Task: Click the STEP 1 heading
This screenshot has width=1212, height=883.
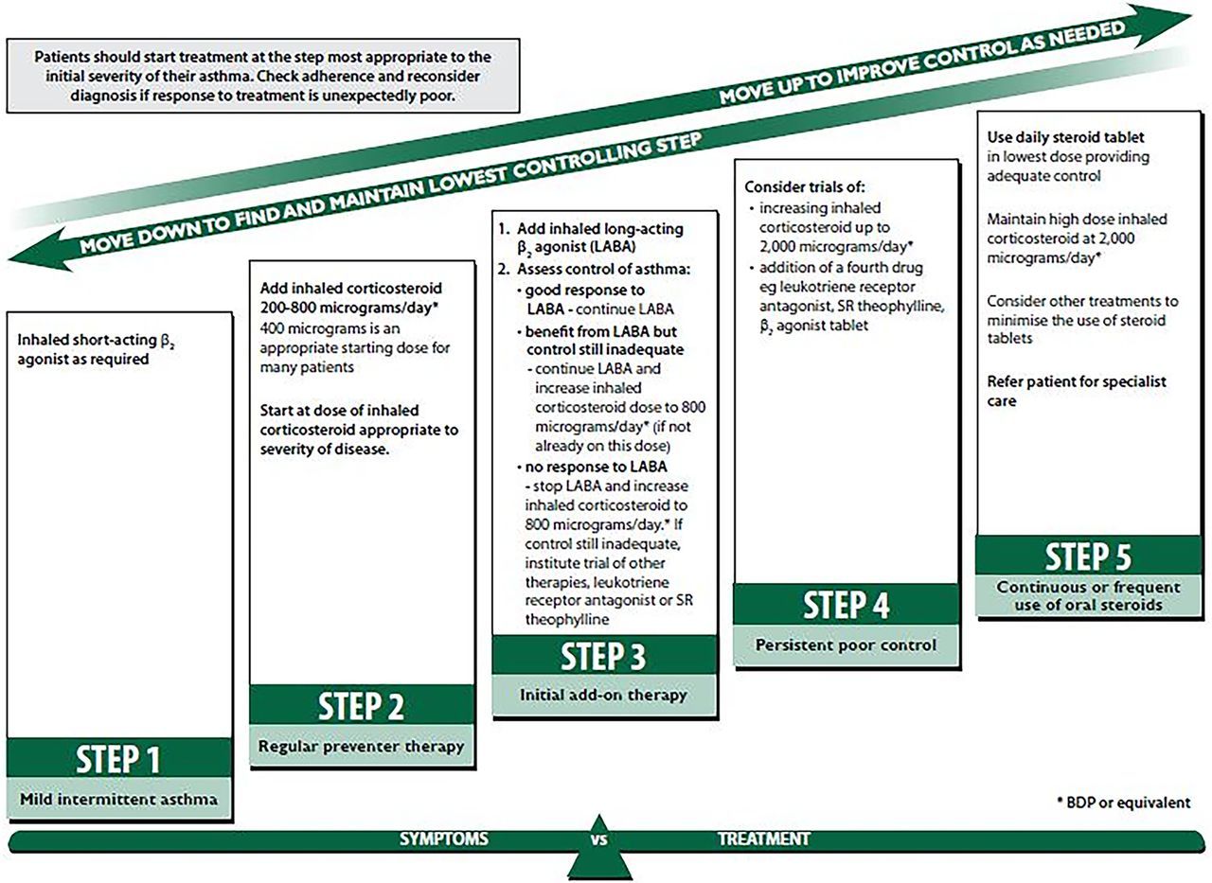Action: (118, 759)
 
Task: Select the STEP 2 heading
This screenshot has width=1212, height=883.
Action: (362, 707)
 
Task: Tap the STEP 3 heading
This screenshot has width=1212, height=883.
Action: (604, 655)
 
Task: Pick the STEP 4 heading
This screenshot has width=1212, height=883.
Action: (846, 604)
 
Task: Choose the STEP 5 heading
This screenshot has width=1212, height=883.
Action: (1087, 556)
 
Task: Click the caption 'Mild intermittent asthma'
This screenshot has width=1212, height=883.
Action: (118, 799)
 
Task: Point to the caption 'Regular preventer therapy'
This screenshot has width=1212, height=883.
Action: (362, 746)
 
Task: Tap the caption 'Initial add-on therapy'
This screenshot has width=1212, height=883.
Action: (604, 695)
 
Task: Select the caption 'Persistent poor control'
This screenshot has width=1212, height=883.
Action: (846, 645)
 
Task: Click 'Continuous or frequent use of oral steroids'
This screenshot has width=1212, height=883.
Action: (1087, 595)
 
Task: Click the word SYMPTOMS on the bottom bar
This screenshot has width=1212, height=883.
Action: (444, 839)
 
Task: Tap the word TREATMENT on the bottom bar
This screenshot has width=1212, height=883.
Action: (764, 839)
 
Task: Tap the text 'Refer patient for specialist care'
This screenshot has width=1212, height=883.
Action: (1076, 390)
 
